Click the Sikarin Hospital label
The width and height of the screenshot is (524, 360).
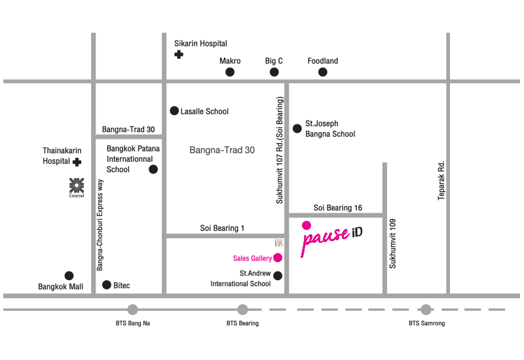tap(200, 43)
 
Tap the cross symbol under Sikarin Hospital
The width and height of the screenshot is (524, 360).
tap(179, 55)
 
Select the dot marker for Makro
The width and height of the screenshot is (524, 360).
tap(230, 72)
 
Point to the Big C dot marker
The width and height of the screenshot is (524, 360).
tap(274, 72)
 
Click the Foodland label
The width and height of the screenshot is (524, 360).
tap(323, 61)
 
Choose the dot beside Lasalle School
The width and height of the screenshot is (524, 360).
tap(174, 111)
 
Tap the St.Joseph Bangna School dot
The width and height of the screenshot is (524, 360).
tap(297, 128)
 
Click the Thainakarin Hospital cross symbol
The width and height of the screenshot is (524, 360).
tap(77, 161)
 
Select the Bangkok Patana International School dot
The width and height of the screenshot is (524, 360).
tap(153, 170)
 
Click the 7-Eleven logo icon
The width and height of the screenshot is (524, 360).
tap(279, 241)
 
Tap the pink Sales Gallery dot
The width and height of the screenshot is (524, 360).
tap(278, 257)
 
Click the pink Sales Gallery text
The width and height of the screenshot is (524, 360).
tap(253, 259)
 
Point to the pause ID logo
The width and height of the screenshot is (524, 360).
tap(331, 238)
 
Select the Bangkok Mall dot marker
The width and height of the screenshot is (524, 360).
tap(69, 276)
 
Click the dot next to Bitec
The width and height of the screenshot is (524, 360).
tap(107, 285)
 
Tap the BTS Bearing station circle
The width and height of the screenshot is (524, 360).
tap(242, 310)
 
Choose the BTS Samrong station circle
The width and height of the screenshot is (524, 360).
tap(426, 310)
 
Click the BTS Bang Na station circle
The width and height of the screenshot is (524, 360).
tap(133, 310)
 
